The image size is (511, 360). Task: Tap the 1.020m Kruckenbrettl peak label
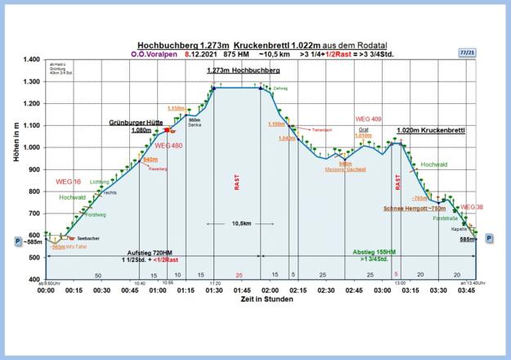point(431,130)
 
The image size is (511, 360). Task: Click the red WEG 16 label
point(68,181)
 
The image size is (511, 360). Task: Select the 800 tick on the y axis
point(33,191)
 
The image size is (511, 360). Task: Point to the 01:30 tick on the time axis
point(213,290)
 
